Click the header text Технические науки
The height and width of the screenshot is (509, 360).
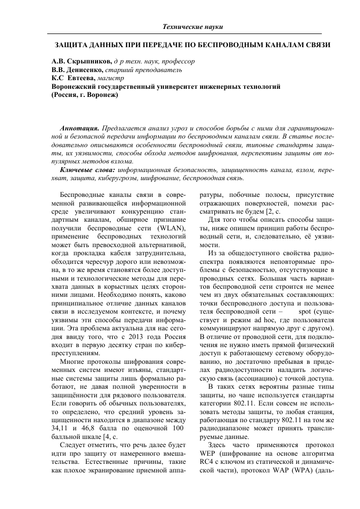(x=193, y=26)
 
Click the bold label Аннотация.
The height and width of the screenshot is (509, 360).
(x=79, y=128)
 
